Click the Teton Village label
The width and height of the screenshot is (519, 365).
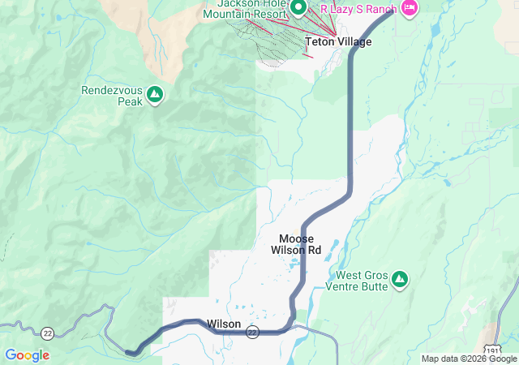point(338,42)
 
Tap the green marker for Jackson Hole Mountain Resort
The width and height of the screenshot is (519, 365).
point(298,8)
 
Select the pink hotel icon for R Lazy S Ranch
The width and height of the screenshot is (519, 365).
point(409,8)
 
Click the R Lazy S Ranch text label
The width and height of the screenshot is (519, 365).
point(358,9)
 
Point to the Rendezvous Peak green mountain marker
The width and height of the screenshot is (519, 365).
point(155,97)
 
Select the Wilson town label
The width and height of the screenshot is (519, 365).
point(224,324)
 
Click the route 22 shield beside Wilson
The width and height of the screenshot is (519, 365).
point(253,332)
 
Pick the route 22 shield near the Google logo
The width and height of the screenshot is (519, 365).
point(47,333)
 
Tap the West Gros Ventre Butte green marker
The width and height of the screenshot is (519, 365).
point(399,280)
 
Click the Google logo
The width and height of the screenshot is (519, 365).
point(27,355)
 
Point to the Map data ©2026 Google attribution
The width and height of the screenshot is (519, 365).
point(468,359)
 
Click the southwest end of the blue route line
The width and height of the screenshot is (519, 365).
point(131,352)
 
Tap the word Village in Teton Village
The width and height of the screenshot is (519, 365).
point(354,42)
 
